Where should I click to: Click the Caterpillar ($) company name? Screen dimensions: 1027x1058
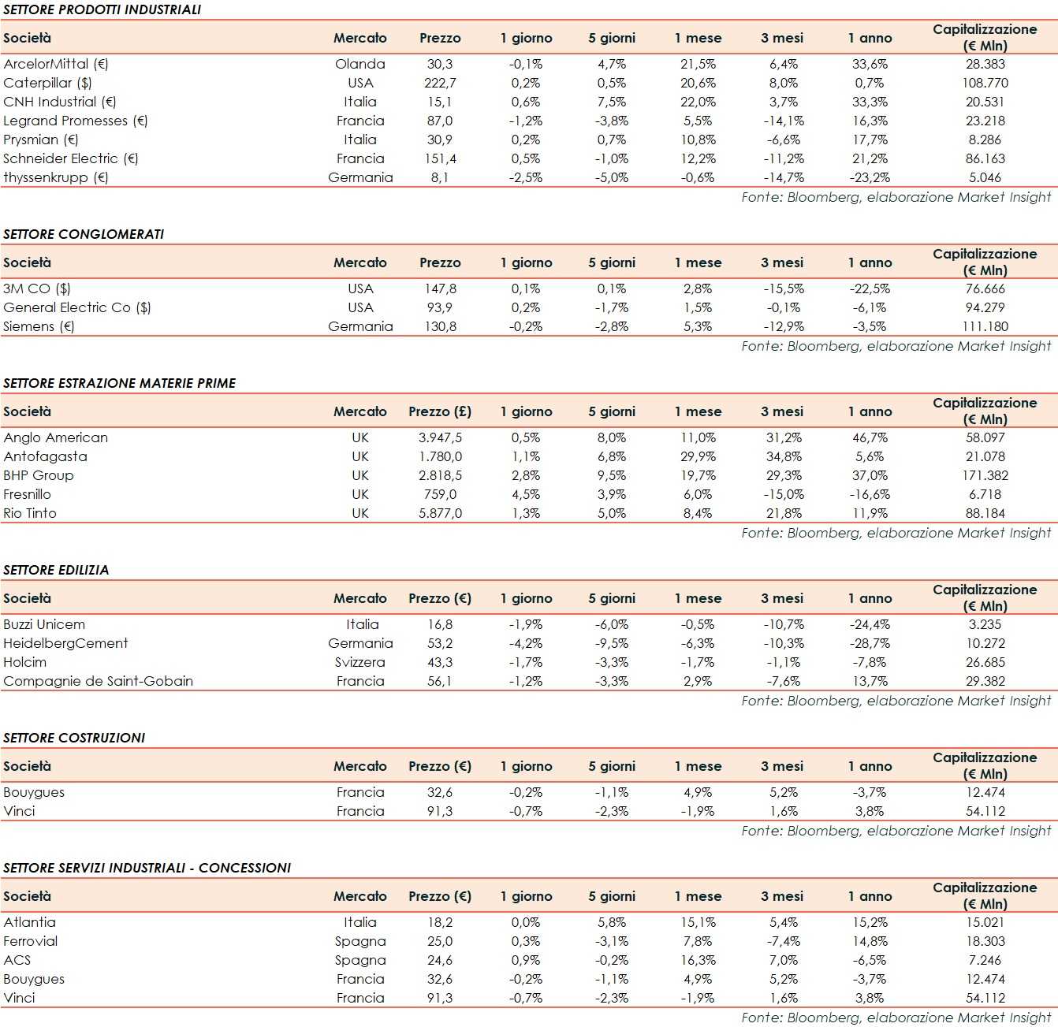(47, 83)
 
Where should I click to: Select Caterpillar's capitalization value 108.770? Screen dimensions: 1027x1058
(985, 83)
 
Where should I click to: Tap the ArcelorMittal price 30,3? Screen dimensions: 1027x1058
(439, 64)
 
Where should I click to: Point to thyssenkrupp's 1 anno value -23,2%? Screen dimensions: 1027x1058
(870, 177)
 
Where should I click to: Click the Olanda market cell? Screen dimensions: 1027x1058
(359, 64)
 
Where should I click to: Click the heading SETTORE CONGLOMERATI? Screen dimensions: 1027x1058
(84, 234)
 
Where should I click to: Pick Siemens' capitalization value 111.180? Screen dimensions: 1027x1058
(985, 326)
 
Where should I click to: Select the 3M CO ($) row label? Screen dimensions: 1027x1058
(37, 288)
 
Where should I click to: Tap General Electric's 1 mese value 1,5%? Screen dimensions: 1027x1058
(698, 307)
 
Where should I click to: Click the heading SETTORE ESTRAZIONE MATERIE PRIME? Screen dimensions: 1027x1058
(119, 383)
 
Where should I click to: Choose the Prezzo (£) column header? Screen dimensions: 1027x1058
(439, 411)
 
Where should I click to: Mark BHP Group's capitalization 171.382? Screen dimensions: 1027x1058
(985, 475)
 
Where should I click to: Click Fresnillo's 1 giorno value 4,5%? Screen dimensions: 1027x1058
(525, 494)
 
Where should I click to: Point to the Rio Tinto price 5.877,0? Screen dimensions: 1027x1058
(439, 513)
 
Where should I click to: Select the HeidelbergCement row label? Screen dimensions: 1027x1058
(65, 643)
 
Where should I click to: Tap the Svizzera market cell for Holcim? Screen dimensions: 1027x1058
(359, 662)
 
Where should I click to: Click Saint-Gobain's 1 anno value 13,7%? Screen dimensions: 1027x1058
(870, 681)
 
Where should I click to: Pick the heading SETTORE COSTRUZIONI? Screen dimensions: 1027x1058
(74, 738)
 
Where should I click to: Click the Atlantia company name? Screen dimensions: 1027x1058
(29, 922)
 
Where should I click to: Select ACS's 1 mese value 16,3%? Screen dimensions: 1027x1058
(698, 960)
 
